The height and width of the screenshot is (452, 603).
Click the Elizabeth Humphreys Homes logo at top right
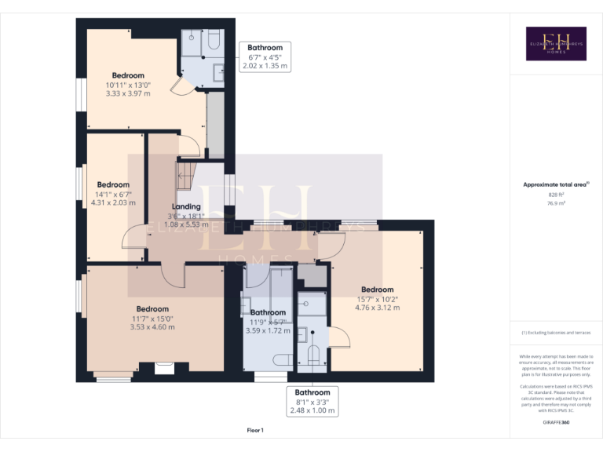click(x=556, y=43)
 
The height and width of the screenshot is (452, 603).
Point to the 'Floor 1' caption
click(x=255, y=430)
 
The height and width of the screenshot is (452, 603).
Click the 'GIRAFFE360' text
click(x=555, y=422)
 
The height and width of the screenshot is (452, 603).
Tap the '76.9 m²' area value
click(x=556, y=202)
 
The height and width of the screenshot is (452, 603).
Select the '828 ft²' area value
click(x=556, y=194)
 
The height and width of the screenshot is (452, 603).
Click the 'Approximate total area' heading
click(x=554, y=184)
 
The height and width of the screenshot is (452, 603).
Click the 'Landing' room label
click(x=186, y=207)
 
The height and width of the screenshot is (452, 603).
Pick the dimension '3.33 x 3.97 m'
click(x=127, y=93)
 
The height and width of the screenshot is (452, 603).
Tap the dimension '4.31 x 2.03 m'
click(x=113, y=202)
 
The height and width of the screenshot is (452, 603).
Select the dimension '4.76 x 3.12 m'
click(x=377, y=308)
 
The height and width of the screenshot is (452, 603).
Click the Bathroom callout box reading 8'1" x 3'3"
click(x=312, y=401)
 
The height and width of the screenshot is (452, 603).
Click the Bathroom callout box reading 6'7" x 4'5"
click(x=265, y=57)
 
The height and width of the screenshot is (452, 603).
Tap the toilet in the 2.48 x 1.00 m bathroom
click(x=312, y=355)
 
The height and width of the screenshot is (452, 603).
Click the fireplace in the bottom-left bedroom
click(x=164, y=367)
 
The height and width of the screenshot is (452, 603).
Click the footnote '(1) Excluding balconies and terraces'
click(x=556, y=333)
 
